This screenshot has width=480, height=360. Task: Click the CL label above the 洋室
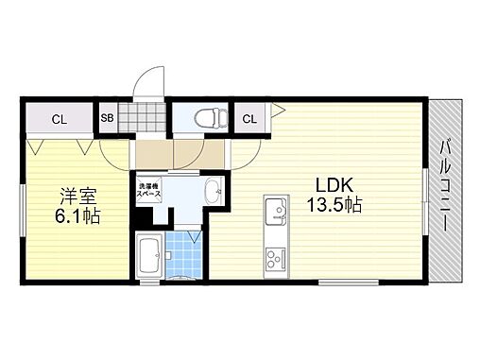point(59,119)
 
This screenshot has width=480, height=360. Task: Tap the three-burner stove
point(276,256)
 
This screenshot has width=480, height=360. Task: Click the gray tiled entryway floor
point(150,151)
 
